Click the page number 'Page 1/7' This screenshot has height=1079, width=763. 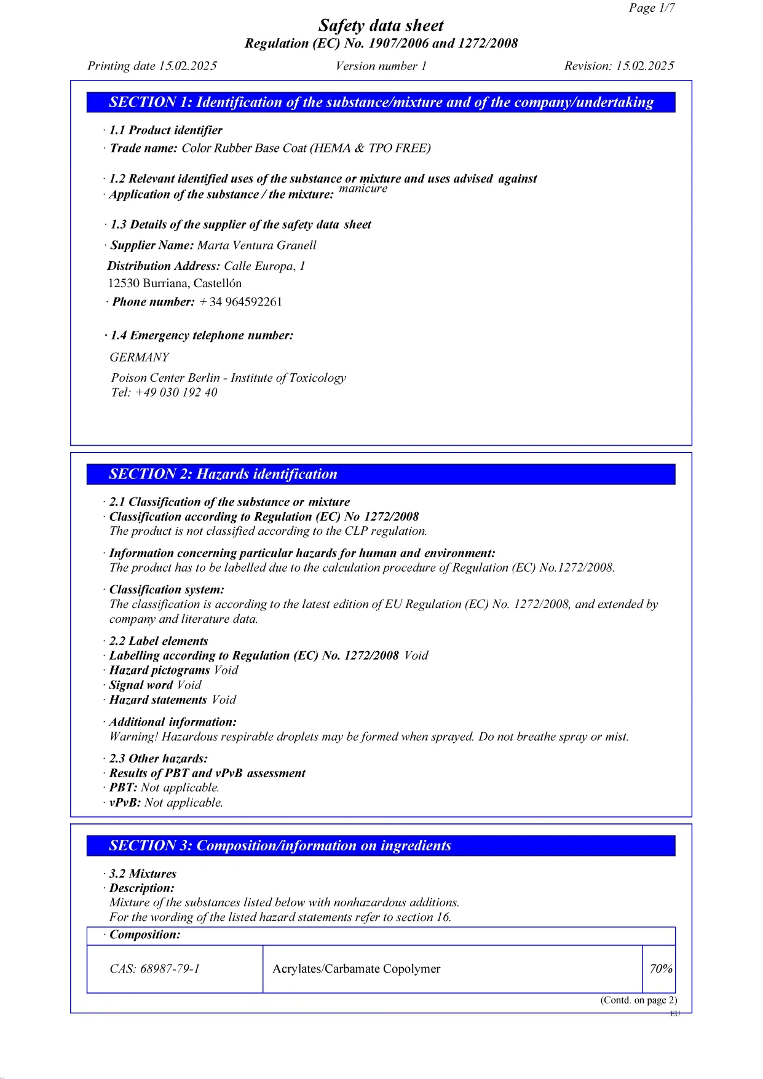point(651,8)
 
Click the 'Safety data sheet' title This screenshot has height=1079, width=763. point(381,26)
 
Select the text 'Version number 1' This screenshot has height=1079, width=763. point(381,66)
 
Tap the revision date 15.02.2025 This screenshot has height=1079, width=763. point(645,66)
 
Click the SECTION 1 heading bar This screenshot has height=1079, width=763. point(381,102)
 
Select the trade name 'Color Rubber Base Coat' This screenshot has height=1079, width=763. point(244,148)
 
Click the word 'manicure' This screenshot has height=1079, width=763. point(363,189)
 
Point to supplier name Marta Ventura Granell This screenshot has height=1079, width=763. point(256,245)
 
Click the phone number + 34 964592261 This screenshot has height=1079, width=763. point(240,302)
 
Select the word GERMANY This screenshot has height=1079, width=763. point(139,357)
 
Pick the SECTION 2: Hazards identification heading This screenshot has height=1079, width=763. point(223,474)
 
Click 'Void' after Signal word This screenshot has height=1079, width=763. point(189,686)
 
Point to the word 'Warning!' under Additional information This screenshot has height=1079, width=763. point(133,737)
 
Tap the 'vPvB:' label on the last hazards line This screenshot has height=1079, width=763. point(125,802)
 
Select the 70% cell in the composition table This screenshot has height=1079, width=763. point(660,969)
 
